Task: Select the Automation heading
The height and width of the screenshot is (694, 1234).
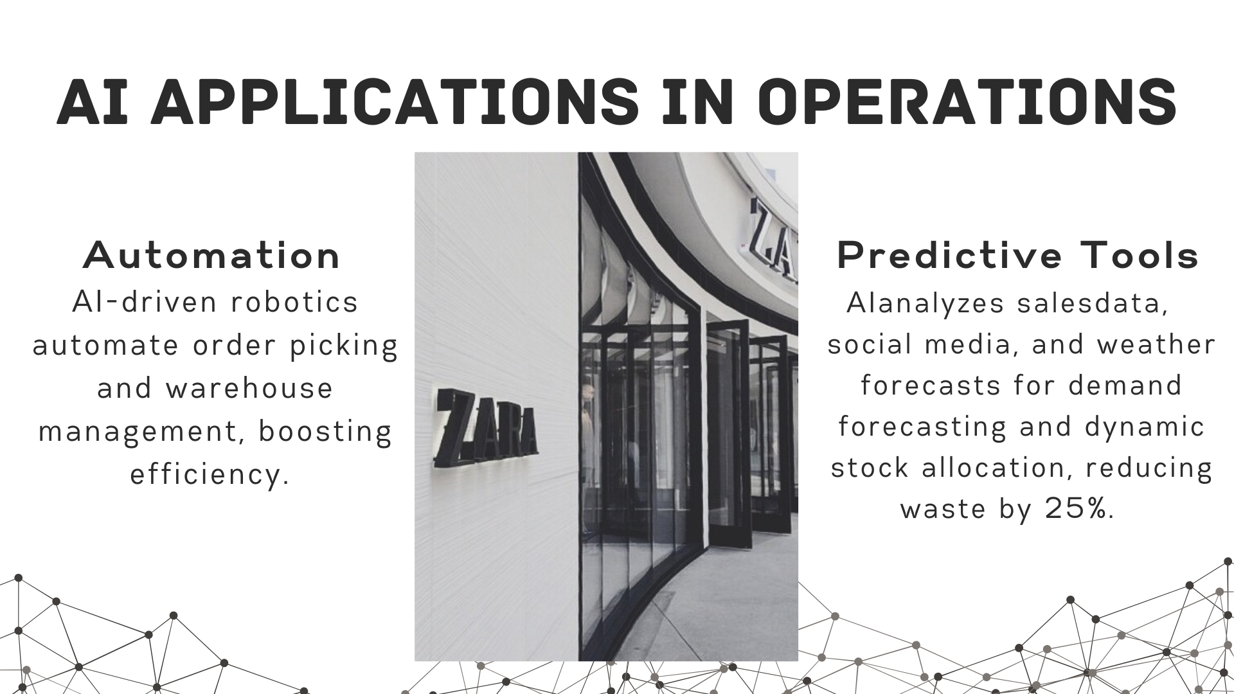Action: click(x=211, y=255)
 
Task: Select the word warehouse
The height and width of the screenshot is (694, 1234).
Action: click(x=249, y=388)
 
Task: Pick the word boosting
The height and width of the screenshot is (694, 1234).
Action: click(x=325, y=432)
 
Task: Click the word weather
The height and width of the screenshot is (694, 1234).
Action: click(x=1156, y=344)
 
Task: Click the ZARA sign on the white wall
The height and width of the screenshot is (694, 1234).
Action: click(x=486, y=428)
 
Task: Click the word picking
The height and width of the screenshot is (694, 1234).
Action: click(x=344, y=346)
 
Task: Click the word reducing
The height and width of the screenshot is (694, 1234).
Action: click(x=1149, y=468)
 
